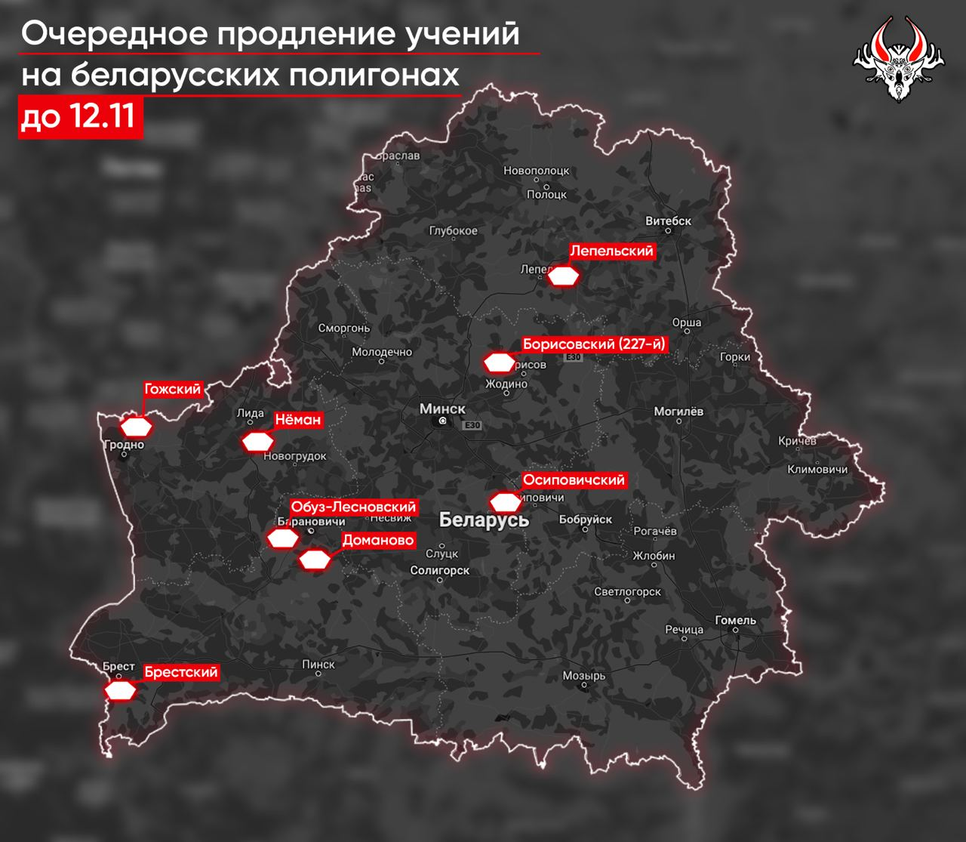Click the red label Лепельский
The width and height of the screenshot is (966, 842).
point(611,251)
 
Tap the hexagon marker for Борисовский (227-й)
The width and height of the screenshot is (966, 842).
point(498,363)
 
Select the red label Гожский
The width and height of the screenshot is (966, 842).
point(173,389)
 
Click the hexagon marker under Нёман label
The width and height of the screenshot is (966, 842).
point(257,441)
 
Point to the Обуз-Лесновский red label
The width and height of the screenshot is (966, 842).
point(353,507)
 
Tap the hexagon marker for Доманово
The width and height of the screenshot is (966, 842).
point(315,560)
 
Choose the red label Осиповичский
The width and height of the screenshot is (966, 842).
point(574,480)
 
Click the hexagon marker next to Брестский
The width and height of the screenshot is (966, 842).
point(121,690)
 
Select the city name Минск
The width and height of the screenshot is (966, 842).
point(442,409)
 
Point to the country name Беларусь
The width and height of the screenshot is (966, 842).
point(484,520)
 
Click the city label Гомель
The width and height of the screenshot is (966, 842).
point(735,620)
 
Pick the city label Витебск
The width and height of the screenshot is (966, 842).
point(669,221)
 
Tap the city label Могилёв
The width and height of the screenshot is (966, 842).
point(678,412)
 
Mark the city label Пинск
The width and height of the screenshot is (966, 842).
point(318,664)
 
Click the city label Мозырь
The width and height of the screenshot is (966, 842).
point(583,676)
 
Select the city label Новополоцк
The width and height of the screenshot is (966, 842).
point(536,171)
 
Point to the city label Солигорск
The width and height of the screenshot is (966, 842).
point(440,571)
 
